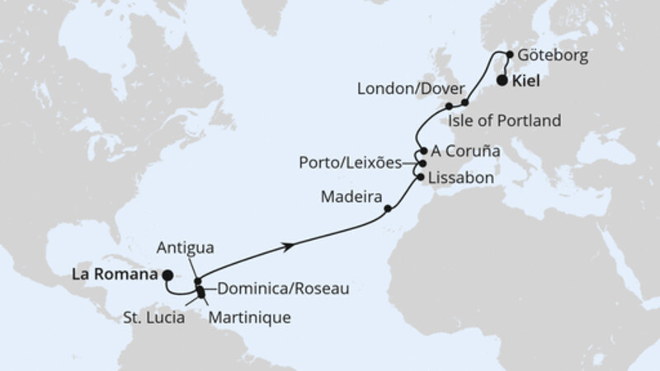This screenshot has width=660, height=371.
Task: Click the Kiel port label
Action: (x=530, y=82)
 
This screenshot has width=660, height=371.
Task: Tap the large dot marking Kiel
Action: (x=502, y=81)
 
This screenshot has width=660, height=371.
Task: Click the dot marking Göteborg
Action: (x=510, y=54)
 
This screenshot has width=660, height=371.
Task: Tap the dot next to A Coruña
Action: (x=424, y=152)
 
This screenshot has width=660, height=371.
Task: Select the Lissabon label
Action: (x=455, y=177)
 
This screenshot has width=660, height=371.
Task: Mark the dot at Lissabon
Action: (x=421, y=177)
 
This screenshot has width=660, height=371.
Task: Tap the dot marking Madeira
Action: (x=389, y=209)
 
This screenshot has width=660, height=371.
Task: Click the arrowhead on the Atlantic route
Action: (x=290, y=246)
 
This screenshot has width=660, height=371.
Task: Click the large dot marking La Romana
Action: (x=167, y=275)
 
